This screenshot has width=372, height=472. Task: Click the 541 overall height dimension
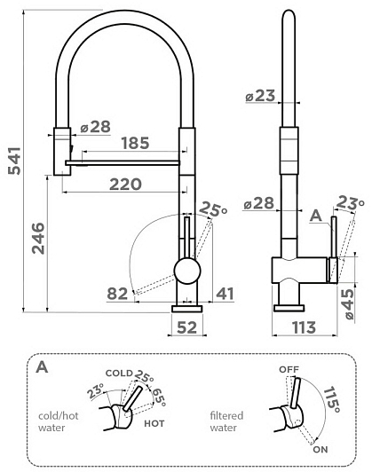(14, 161)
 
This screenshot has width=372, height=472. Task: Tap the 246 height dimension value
(38, 238)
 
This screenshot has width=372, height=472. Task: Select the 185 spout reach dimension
(135, 143)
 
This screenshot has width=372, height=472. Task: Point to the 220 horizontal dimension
(125, 185)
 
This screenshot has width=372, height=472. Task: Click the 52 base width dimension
(186, 327)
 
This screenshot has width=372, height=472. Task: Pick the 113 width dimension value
(304, 327)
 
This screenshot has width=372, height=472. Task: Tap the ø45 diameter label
(349, 304)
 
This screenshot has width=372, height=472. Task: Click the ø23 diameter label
(260, 96)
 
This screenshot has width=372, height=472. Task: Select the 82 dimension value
(117, 294)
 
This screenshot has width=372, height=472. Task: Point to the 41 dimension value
(226, 294)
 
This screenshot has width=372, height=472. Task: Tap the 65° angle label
(159, 397)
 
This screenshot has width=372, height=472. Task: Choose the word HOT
(154, 423)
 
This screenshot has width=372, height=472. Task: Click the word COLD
(119, 374)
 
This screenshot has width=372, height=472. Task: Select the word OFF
(289, 369)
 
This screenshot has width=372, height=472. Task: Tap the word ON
(321, 450)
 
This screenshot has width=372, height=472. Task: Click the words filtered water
(226, 421)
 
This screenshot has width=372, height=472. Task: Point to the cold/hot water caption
(58, 421)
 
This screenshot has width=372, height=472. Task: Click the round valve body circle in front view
(187, 271)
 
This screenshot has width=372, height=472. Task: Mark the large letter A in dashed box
(42, 367)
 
